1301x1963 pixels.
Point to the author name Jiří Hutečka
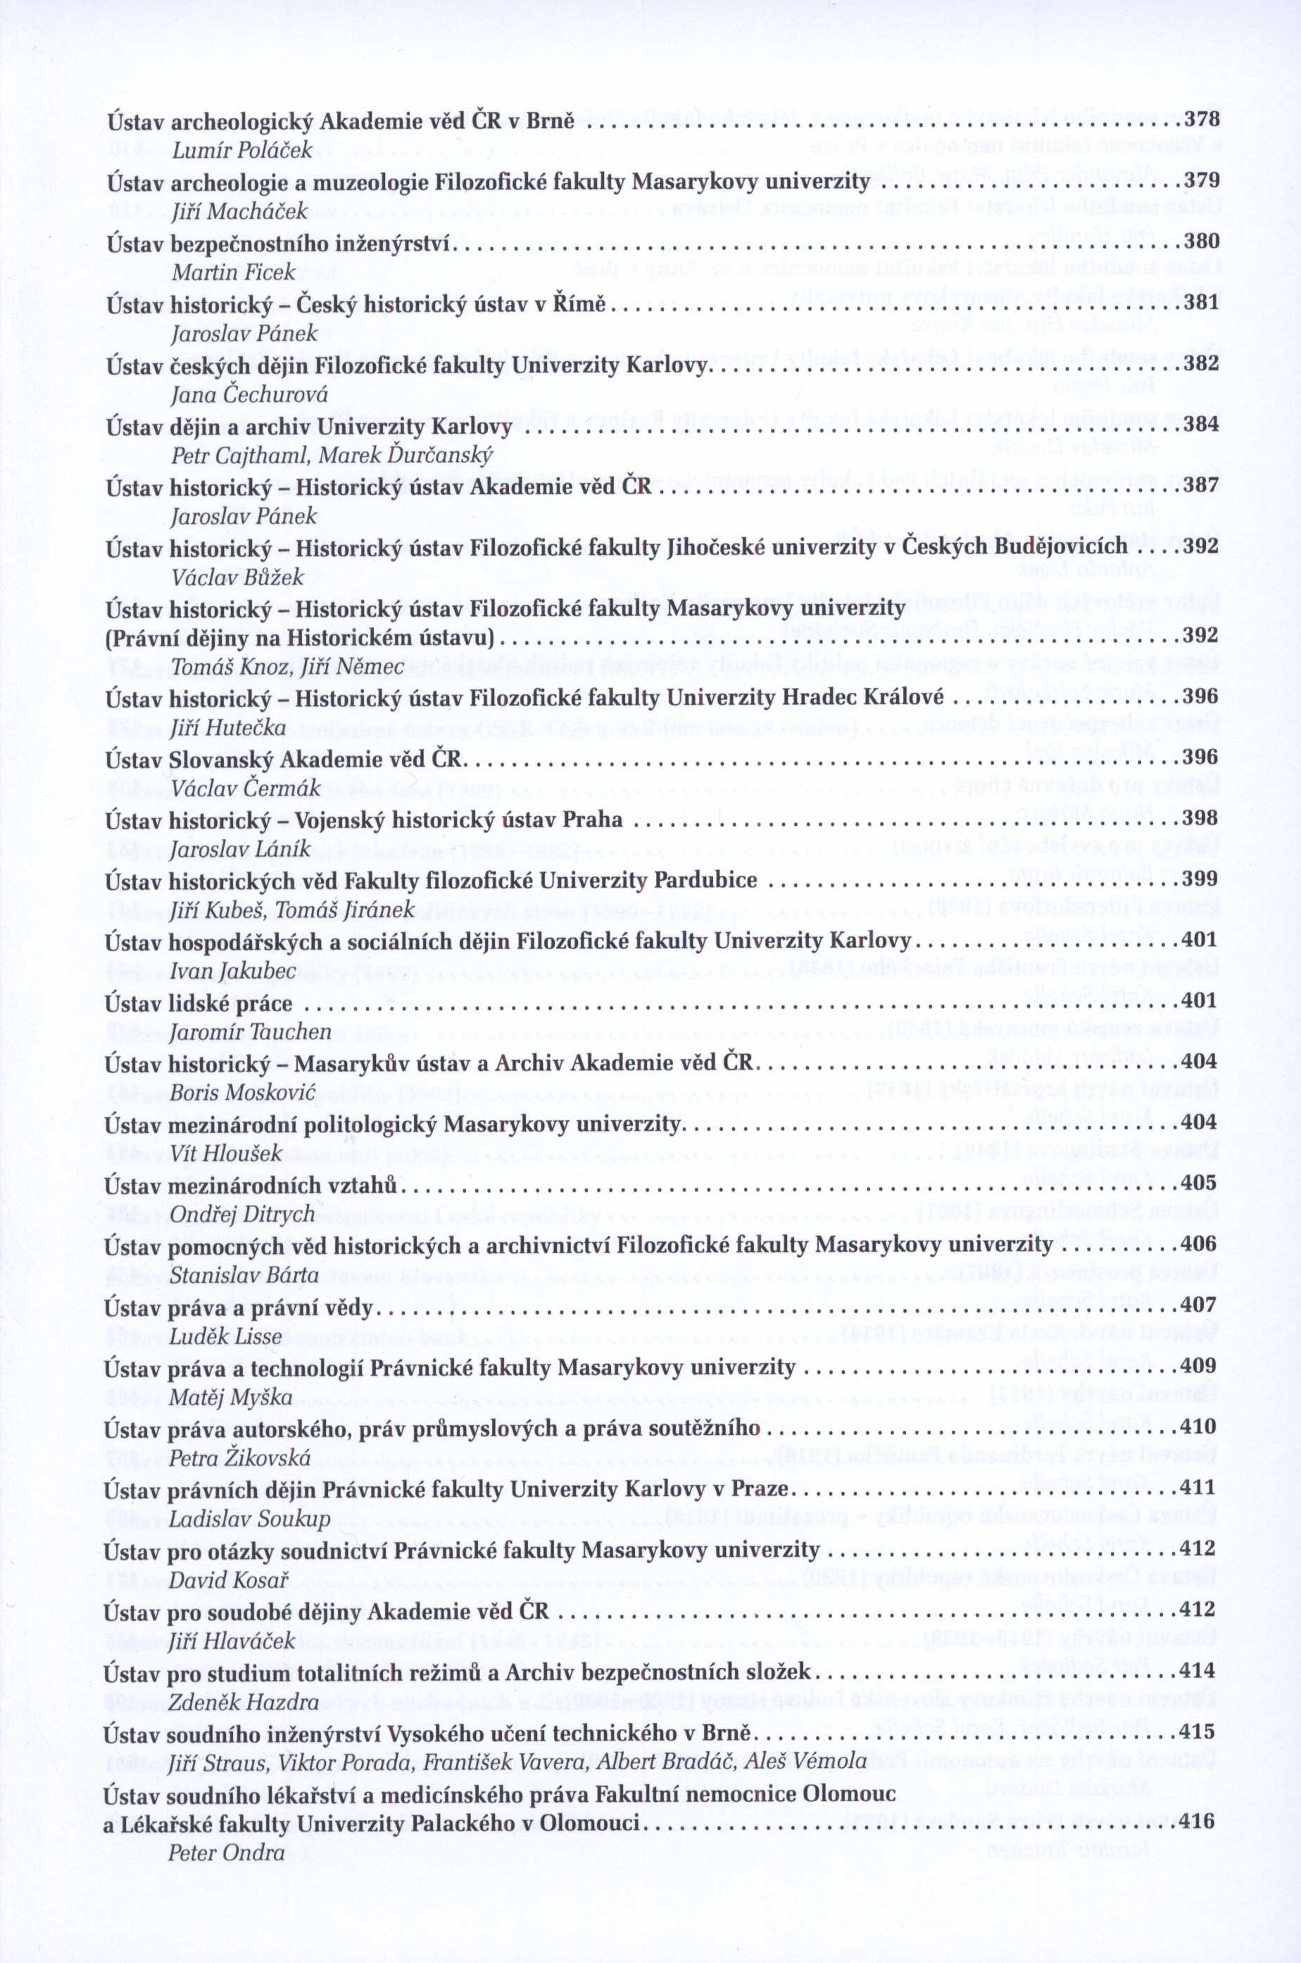point(227,729)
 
